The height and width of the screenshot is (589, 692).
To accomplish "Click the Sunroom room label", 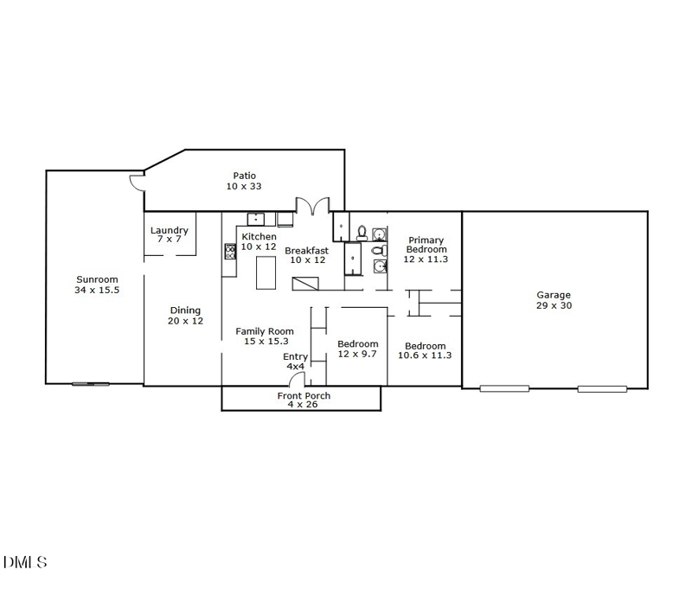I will pos(97,279).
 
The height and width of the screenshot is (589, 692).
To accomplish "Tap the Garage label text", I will pos(554,295).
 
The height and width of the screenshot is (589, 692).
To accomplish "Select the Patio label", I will pos(244,176).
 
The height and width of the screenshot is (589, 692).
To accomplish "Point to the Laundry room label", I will pos(169,230).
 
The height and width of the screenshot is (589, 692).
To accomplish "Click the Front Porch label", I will pos(304,396).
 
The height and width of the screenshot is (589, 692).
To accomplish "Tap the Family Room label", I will pos(265,331).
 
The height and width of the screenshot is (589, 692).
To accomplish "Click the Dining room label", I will pos(185,311).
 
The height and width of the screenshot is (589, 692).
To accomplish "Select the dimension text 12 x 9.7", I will pos(357,355).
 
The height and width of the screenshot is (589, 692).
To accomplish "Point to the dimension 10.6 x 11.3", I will pos(425,355).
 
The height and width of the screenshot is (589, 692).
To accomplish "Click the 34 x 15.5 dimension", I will pos(97,290).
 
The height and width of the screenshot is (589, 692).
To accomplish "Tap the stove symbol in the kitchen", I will pos(231,252).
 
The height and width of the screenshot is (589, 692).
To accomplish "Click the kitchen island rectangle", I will pos(266,272).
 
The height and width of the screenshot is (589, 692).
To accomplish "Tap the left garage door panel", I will pos(504,388).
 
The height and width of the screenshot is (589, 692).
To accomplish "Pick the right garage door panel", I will pos(602,388).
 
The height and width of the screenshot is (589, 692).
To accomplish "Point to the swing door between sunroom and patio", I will pos(137,183).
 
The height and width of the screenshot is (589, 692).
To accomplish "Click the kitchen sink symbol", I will pos(256,219).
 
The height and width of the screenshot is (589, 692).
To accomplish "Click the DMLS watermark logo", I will pos(25,563).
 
